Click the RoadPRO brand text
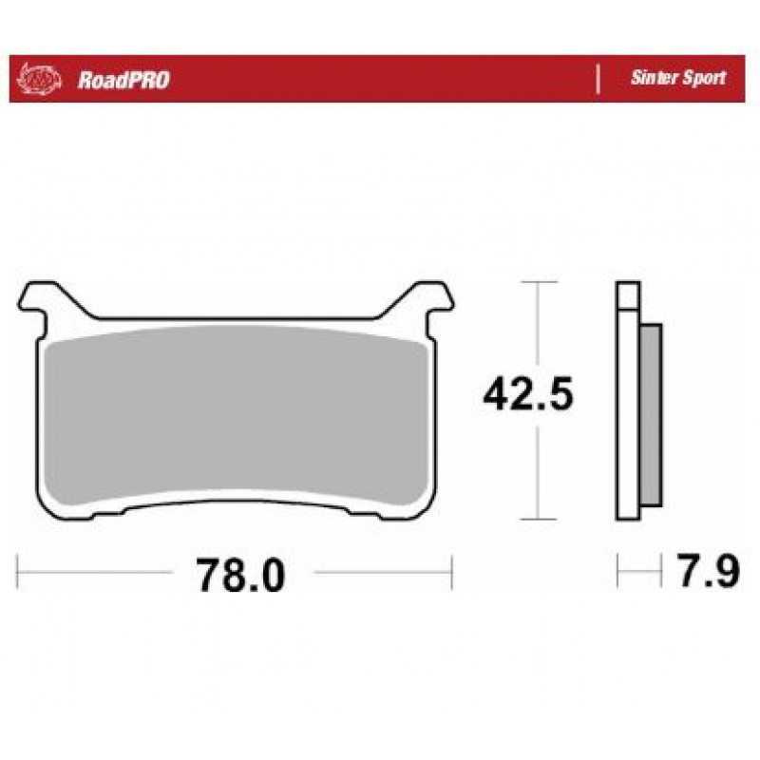(x=123, y=80)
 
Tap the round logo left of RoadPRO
(x=39, y=79)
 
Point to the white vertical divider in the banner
(x=598, y=79)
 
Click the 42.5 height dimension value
(x=528, y=393)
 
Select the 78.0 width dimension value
(x=241, y=575)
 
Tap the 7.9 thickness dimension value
(x=708, y=571)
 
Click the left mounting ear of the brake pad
(x=44, y=300)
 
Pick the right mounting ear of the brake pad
(x=427, y=300)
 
